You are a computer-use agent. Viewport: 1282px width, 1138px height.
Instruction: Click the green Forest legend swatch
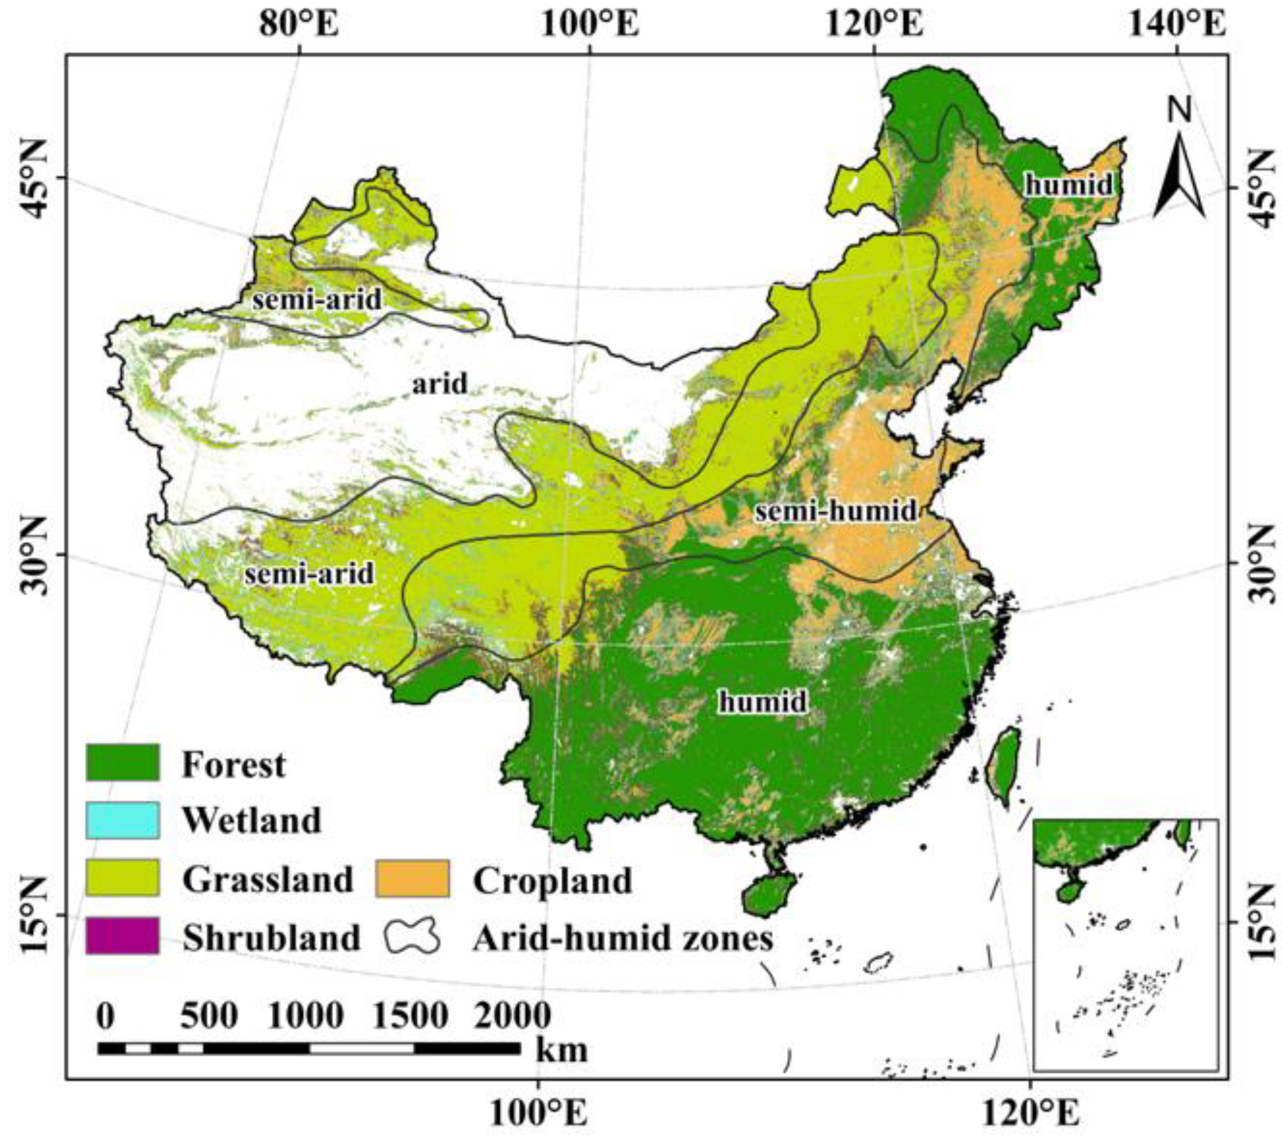coord(122,762)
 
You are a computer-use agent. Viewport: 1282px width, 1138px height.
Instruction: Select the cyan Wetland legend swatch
coord(122,820)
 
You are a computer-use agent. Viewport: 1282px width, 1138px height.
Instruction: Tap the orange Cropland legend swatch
coord(412,878)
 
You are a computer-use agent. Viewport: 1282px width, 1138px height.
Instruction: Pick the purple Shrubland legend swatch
coord(122,936)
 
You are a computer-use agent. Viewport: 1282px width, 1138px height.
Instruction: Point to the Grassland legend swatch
coord(122,878)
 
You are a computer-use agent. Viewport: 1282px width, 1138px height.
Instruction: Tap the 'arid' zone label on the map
coord(440,383)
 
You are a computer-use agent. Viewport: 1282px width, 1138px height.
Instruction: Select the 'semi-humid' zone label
coord(835,511)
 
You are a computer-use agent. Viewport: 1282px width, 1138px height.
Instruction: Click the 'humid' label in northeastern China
coord(1069,184)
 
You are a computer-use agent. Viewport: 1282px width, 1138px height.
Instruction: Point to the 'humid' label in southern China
coord(763,701)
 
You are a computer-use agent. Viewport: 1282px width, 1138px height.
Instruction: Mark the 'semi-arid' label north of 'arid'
coord(317,300)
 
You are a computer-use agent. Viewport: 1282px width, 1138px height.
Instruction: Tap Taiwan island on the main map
coord(1002,765)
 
